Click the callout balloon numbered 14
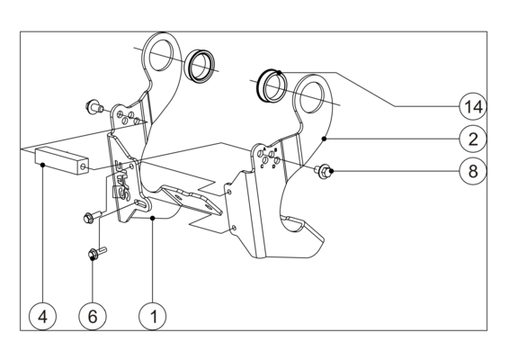point(473,106)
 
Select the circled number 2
point(473,139)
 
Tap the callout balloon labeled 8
point(473,171)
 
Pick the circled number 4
point(42,316)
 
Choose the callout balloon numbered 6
point(93,316)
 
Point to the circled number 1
point(153,316)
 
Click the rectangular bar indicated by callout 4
point(61,160)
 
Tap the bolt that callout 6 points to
point(97,253)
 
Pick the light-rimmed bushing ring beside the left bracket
point(200,66)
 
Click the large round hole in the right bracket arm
point(312,97)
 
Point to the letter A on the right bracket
point(264,148)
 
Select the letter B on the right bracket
point(275,149)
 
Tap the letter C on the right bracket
point(262,166)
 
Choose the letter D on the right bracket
point(273,166)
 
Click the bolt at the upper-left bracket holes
point(94,106)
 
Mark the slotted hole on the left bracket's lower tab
point(141,204)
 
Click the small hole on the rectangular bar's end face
point(84,166)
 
